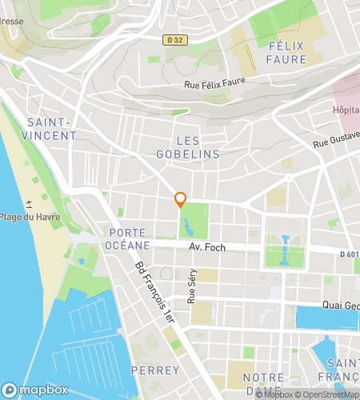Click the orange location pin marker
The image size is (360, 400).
pyautogui.click(x=181, y=200)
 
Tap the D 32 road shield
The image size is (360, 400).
pyautogui.click(x=175, y=39)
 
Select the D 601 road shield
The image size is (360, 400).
pyautogui.click(x=348, y=254)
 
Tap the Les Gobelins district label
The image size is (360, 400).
pyautogui.click(x=187, y=146)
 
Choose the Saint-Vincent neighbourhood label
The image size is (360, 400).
pyautogui.click(x=51, y=129)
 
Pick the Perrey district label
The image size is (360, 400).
pyautogui.click(x=149, y=370)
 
